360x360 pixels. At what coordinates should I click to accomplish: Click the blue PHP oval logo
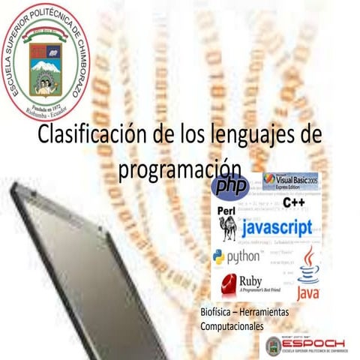coord(229,186)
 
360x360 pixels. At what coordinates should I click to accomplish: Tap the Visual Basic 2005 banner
coord(289,181)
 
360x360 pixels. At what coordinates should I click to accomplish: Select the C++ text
coord(293,202)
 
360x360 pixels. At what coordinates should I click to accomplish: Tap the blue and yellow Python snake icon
coord(218,257)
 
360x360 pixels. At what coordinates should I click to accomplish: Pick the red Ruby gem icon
coord(226,284)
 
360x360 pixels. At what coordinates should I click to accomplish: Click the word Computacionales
coord(232,327)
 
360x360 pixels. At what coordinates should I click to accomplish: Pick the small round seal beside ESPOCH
coord(274,346)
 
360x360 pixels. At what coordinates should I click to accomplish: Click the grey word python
coord(244,258)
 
